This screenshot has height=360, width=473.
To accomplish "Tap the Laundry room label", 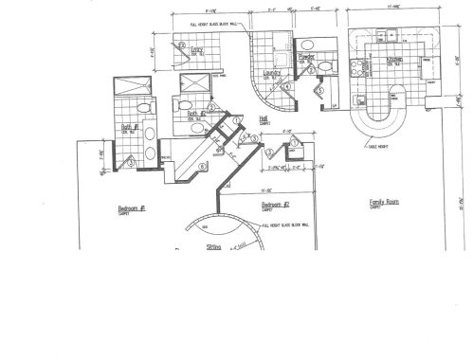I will [x=269, y=72].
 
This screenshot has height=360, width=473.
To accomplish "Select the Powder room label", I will [x=306, y=57].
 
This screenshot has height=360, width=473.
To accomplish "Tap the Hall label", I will [x=264, y=118].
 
